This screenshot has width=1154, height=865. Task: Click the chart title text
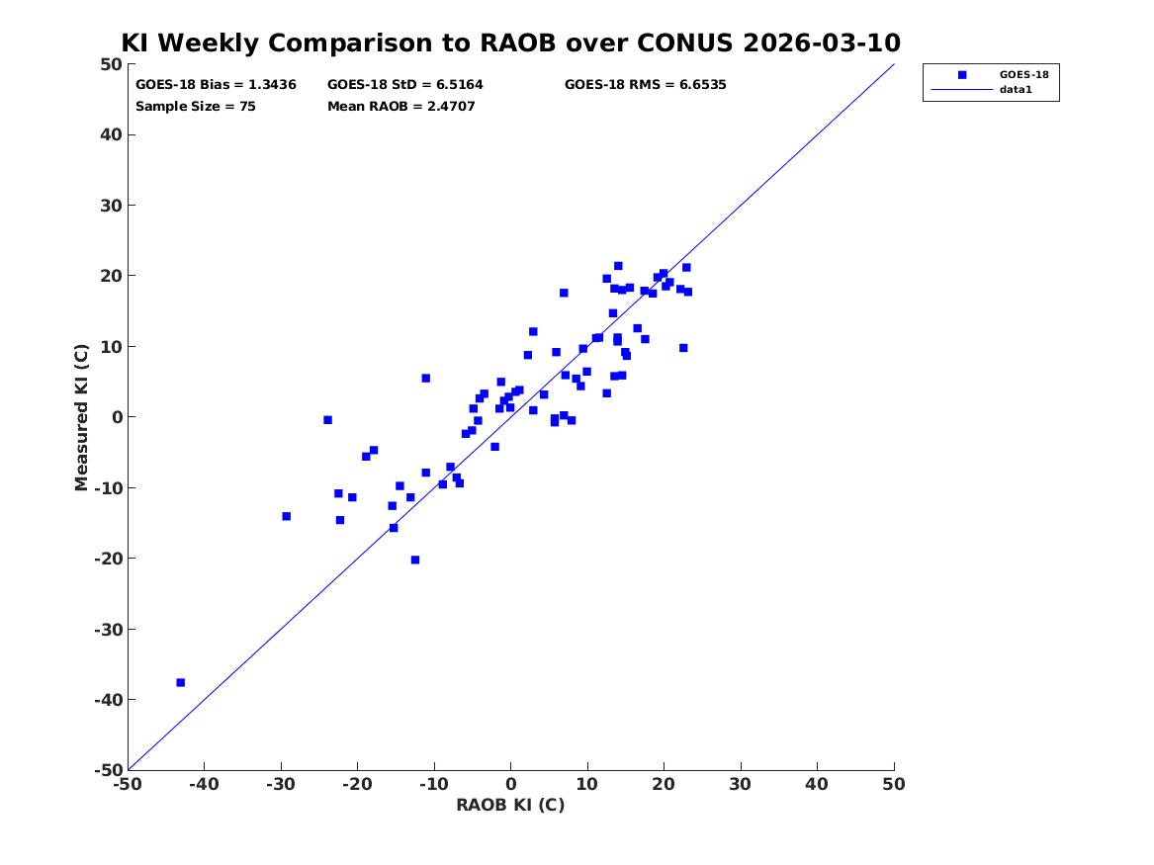click(510, 43)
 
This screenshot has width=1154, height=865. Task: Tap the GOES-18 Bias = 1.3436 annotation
click(216, 85)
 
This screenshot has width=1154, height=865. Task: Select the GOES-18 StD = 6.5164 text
click(404, 85)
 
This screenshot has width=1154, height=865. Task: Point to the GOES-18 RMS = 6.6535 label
click(646, 85)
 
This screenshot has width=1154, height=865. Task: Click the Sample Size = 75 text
click(195, 107)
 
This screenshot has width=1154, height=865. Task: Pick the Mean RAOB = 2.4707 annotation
click(401, 107)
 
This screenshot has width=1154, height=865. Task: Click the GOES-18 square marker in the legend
click(962, 74)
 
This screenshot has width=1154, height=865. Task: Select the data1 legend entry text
click(1016, 90)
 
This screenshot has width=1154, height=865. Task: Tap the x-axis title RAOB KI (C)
click(510, 806)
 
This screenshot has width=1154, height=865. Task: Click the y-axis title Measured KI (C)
click(82, 417)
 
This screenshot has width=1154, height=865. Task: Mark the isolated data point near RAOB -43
click(180, 682)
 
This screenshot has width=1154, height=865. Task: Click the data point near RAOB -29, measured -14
click(287, 516)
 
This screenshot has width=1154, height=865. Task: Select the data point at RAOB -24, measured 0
click(327, 420)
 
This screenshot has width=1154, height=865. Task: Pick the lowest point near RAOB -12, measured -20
click(415, 560)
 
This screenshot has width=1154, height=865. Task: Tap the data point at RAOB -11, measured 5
click(425, 378)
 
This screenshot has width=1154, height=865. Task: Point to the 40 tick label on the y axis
click(111, 134)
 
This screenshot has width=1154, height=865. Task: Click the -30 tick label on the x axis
click(281, 785)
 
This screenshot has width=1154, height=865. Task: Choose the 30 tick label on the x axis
click(741, 785)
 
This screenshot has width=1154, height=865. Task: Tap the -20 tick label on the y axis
click(108, 559)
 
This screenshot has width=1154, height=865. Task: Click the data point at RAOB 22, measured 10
click(683, 348)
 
